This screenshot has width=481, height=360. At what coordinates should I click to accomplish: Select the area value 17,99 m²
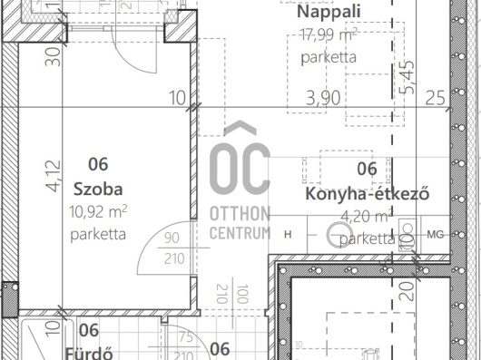[328, 36]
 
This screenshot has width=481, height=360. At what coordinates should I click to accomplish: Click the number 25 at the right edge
[436, 97]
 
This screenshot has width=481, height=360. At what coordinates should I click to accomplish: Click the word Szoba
[97, 190]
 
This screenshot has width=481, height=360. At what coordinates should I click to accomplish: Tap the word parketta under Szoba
[98, 235]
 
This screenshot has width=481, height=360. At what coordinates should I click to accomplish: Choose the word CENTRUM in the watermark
[240, 233]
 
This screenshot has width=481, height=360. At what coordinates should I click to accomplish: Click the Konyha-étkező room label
[367, 194]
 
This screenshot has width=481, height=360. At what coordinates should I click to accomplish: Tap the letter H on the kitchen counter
[288, 234]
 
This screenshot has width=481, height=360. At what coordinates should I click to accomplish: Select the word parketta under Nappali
[328, 57]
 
